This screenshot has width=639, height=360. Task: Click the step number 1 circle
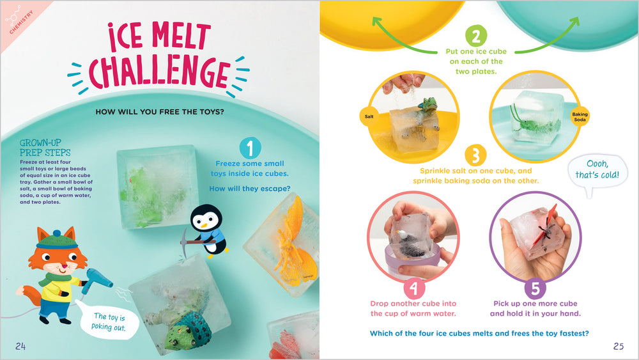tap(250, 148)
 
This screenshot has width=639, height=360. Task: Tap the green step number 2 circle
tap(475, 35)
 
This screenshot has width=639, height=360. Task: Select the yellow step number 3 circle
tap(475, 155)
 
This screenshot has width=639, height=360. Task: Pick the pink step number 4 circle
tap(414, 288)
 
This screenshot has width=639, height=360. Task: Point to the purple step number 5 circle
tap(535, 288)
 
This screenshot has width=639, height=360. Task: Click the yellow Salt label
tap(369, 116)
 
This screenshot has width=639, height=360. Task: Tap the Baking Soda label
tap(580, 116)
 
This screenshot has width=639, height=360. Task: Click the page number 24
tap(20, 347)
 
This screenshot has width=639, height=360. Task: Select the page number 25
tap(618, 346)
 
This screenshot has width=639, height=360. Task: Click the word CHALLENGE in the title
tap(159, 74)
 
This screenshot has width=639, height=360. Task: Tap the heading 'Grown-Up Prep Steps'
tap(45, 148)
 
